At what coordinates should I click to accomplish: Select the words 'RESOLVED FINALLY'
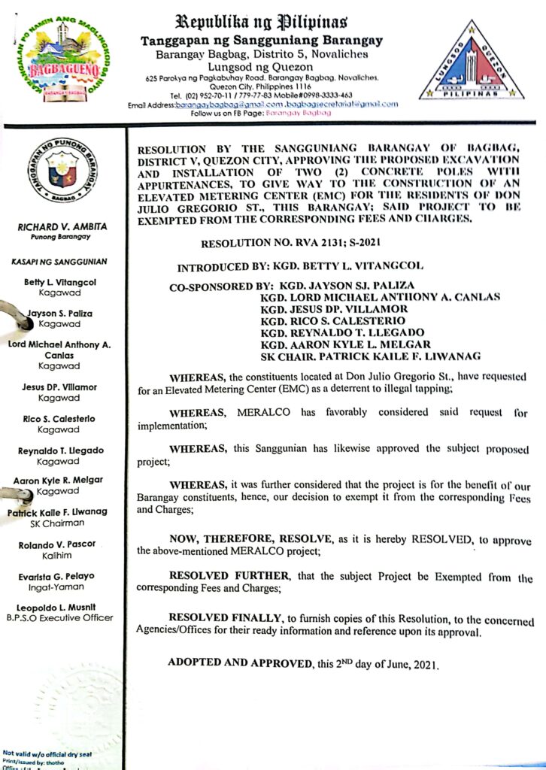click(224, 617)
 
